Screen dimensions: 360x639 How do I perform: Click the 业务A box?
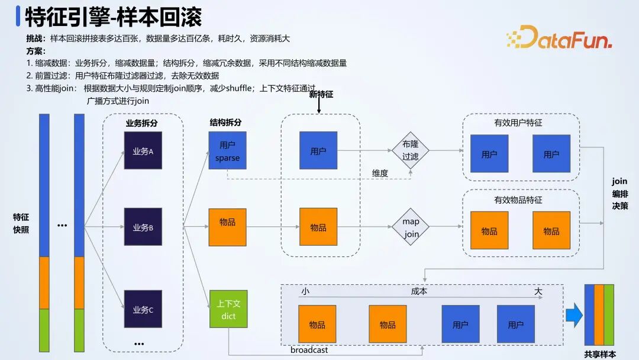click(x=143, y=150)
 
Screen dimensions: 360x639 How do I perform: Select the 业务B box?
click(x=143, y=227)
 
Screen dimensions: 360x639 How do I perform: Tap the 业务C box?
click(x=143, y=308)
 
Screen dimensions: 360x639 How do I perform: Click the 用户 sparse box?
click(x=227, y=150)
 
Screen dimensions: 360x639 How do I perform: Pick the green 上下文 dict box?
click(x=228, y=309)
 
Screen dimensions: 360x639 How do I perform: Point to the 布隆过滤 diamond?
click(x=410, y=150)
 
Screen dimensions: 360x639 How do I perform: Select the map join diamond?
click(x=411, y=227)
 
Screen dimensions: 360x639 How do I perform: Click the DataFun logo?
click(x=559, y=37)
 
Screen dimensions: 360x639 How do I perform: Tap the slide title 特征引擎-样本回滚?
click(x=113, y=17)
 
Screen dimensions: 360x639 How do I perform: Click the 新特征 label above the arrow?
click(x=321, y=95)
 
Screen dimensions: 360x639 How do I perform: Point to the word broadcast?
click(x=309, y=350)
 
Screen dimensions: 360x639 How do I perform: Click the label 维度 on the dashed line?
click(x=380, y=173)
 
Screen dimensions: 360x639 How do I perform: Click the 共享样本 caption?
click(x=600, y=354)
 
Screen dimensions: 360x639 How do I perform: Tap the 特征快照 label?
click(x=21, y=223)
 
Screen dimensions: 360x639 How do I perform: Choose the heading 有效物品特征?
click(x=518, y=200)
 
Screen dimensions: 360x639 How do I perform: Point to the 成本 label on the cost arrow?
click(x=419, y=291)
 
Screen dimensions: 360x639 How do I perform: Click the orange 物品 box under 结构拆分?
click(x=227, y=227)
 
